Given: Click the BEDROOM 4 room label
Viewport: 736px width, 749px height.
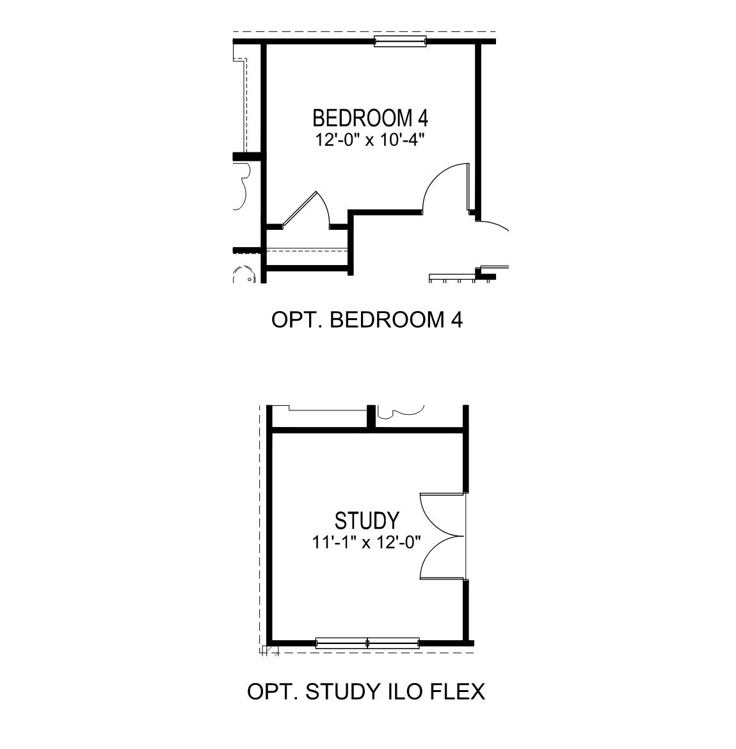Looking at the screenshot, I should pos(370,118).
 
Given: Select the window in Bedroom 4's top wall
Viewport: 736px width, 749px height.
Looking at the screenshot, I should pos(400,42).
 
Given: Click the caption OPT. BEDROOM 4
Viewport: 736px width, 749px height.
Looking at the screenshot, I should pos(367,319).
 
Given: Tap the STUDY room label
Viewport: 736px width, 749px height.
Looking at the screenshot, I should pos(367,519).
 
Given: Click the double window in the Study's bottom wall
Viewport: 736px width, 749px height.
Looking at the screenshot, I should pos(367,643).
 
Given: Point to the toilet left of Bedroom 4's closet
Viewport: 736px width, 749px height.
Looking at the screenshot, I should pos(243,276).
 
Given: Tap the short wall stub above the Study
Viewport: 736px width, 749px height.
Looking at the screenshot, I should pos(371,417).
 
